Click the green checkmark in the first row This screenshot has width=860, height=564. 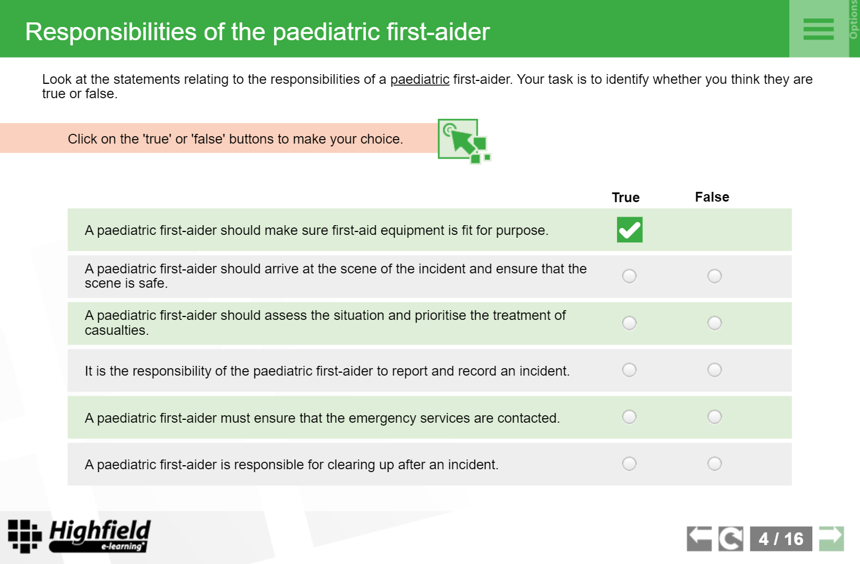(x=630, y=230)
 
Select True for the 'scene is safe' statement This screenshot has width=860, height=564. (x=629, y=276)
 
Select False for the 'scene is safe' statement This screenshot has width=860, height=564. (x=715, y=276)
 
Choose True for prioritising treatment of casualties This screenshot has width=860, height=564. (x=629, y=323)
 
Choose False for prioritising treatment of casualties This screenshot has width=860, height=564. (x=715, y=323)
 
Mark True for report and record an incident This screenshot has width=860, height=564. (x=629, y=370)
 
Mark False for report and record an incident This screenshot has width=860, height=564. (x=715, y=370)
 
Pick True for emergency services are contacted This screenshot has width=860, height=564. (x=629, y=417)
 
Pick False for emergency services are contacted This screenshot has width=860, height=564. (x=715, y=417)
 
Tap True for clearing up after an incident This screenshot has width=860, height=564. (x=629, y=464)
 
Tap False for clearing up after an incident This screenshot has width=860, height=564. (x=715, y=464)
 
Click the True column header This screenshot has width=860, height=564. (x=626, y=198)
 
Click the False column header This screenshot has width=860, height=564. (x=712, y=197)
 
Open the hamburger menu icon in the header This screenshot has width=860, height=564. (x=819, y=29)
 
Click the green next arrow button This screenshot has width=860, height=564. (x=832, y=538)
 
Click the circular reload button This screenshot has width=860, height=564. (x=731, y=539)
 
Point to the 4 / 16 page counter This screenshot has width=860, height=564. (x=781, y=539)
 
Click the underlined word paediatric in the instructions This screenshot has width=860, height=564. (x=419, y=79)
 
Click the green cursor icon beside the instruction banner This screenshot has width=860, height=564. (x=464, y=141)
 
